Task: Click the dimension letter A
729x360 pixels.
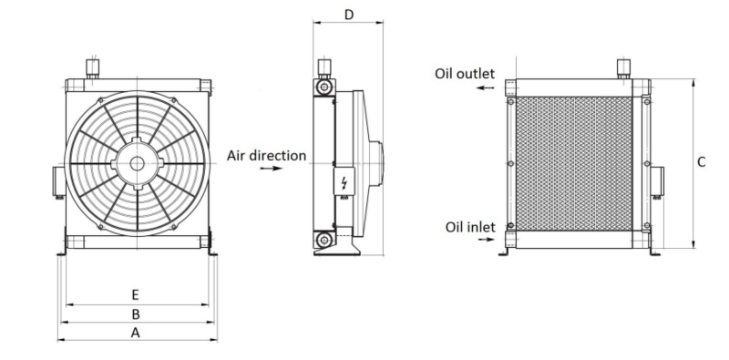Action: tap(135, 333)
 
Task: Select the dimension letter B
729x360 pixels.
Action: tap(136, 314)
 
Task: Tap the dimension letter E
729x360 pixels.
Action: tap(135, 295)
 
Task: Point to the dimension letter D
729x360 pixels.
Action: tap(349, 15)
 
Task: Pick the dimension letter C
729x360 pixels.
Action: tap(702, 162)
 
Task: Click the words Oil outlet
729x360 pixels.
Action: tap(465, 74)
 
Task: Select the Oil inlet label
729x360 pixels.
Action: tap(470, 227)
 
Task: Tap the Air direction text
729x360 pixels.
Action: tap(266, 155)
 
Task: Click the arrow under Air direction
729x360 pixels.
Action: tap(271, 169)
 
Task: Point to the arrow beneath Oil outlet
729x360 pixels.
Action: tap(486, 87)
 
